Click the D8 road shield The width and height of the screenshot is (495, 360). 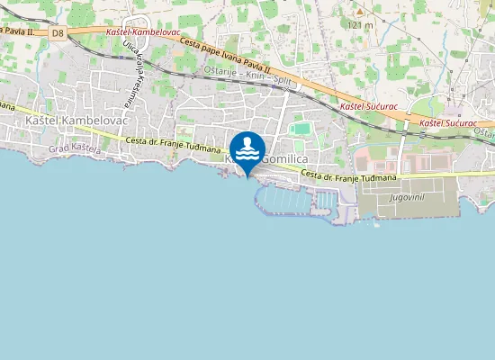tap(58, 33)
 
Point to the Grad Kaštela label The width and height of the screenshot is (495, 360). tap(72, 148)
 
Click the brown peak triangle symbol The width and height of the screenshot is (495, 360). tap(359, 13)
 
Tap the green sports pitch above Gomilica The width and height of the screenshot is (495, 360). tap(300, 130)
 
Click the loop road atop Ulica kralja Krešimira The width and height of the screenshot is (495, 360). tap(136, 25)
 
